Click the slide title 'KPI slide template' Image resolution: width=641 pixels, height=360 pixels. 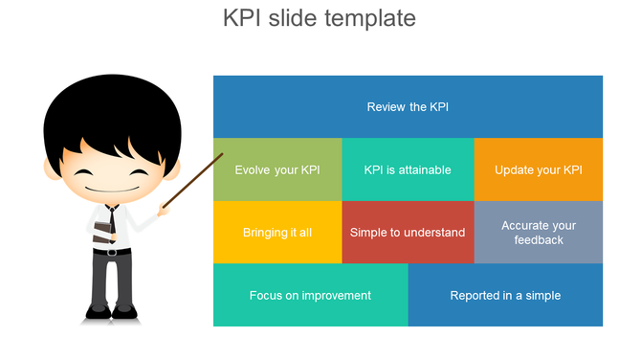[x=320, y=18]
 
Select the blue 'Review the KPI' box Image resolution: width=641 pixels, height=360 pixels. [x=408, y=106]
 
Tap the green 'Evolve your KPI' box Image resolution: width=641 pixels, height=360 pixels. [x=277, y=169]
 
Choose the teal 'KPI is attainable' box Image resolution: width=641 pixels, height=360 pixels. [x=408, y=169]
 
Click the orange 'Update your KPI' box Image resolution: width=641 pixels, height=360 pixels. [x=539, y=169]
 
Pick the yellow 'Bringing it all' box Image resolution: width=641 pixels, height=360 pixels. [x=277, y=232]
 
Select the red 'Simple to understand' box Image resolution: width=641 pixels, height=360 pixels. [x=408, y=232]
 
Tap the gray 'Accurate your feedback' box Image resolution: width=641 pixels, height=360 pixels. [x=539, y=232]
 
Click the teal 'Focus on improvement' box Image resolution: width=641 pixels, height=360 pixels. [x=310, y=295]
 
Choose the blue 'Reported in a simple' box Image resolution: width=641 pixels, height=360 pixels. [x=505, y=295]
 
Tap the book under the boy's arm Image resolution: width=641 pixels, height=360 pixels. [x=100, y=227]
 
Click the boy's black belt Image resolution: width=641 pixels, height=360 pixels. [x=113, y=252]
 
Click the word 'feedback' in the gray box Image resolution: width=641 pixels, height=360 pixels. [x=539, y=239]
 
